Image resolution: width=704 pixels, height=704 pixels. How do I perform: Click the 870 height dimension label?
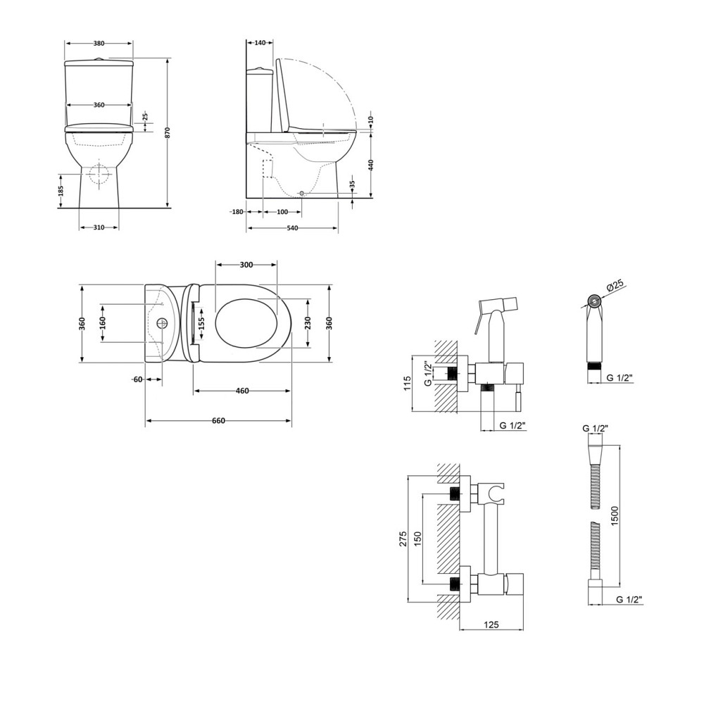click(x=168, y=132)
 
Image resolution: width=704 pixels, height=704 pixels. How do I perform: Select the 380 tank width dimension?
click(x=99, y=43)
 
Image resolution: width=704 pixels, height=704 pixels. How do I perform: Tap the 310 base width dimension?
click(x=99, y=227)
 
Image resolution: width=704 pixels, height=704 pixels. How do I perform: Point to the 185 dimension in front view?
click(x=62, y=190)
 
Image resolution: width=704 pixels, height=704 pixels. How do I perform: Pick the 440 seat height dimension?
click(x=371, y=165)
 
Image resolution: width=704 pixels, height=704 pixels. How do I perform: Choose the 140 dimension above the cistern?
click(x=260, y=43)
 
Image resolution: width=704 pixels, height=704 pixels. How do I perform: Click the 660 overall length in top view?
click(x=218, y=421)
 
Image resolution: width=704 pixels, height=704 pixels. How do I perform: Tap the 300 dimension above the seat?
click(x=246, y=265)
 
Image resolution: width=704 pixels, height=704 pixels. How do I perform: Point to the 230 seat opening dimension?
click(x=308, y=322)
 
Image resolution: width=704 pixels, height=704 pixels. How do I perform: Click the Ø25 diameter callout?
click(x=615, y=285)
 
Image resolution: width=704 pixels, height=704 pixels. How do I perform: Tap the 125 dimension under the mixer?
click(x=491, y=623)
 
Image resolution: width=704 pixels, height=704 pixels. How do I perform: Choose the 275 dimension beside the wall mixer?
click(x=403, y=539)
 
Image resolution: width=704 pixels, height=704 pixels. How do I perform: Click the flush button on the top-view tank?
click(x=162, y=324)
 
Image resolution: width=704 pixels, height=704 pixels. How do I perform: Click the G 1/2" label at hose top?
click(x=595, y=429)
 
